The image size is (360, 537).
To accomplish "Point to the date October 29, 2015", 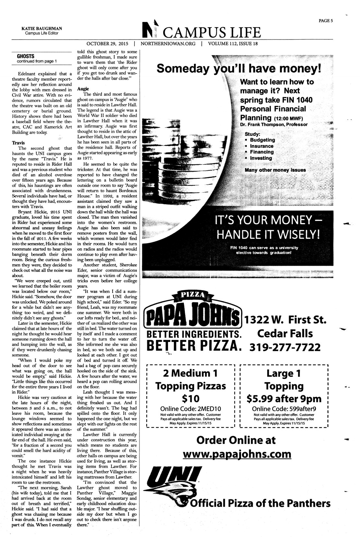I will pos(107,43).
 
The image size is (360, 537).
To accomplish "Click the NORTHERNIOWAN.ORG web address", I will pos(168,43).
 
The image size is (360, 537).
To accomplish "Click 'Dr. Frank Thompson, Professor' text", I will pos(274,124).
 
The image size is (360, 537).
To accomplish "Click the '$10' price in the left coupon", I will pos(190,399).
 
